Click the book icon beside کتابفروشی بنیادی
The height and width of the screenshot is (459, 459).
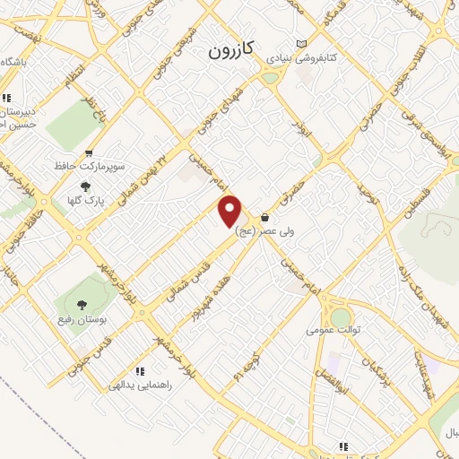301,44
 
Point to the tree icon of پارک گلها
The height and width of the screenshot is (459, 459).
85,186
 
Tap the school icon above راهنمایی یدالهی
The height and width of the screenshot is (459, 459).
139,371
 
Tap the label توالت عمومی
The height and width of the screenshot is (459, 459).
333,329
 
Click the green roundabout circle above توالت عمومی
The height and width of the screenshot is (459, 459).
341,316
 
